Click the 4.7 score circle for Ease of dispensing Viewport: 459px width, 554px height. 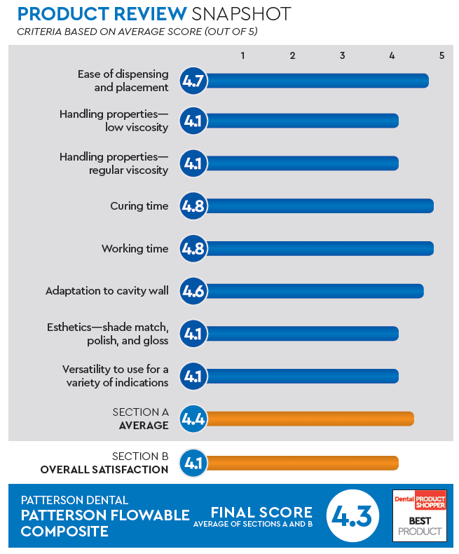[x=193, y=81]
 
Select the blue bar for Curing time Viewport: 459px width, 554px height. [x=319, y=206]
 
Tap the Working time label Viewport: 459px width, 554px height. [x=135, y=249]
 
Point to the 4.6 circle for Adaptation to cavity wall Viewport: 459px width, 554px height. [x=193, y=291]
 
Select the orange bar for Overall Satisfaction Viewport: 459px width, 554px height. [x=302, y=463]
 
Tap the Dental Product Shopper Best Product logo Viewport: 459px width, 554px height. [x=419, y=515]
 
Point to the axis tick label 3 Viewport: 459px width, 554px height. [x=342, y=55]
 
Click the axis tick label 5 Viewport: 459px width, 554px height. [x=441, y=55]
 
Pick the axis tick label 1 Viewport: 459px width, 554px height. [x=242, y=55]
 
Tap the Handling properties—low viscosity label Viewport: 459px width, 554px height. [x=114, y=121]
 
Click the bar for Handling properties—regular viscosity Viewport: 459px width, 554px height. [x=302, y=163]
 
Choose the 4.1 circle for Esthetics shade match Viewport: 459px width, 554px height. [x=193, y=334]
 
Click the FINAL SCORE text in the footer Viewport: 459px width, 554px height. [x=261, y=511]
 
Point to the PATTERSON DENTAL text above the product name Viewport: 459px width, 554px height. [x=74, y=500]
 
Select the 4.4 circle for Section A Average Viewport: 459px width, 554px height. [x=193, y=419]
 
